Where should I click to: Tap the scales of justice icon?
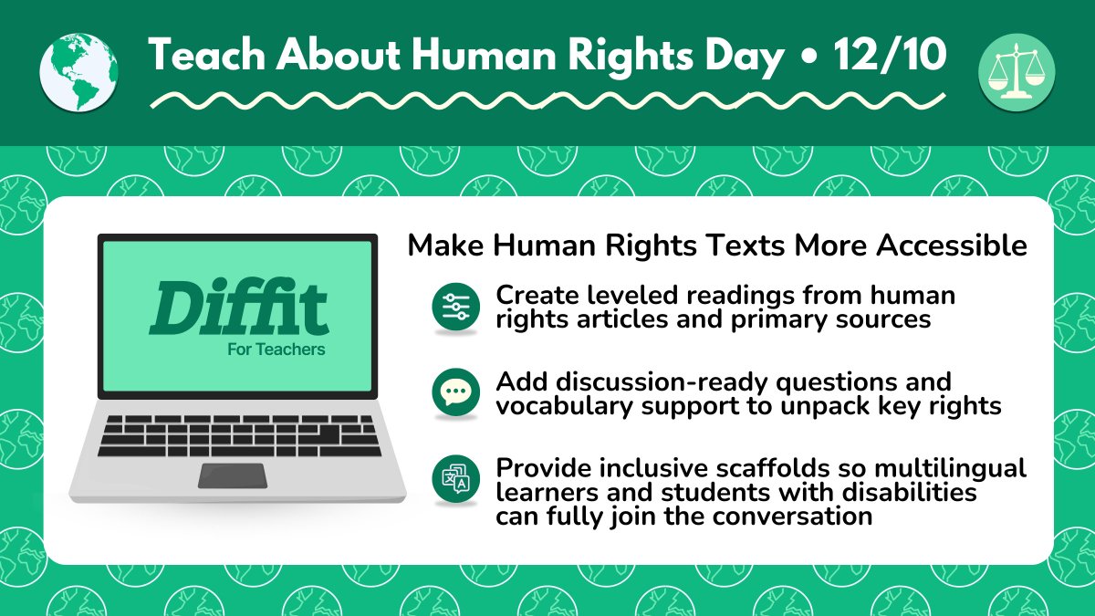1016,72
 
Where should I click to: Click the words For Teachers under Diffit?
276,350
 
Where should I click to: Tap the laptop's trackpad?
233,475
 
